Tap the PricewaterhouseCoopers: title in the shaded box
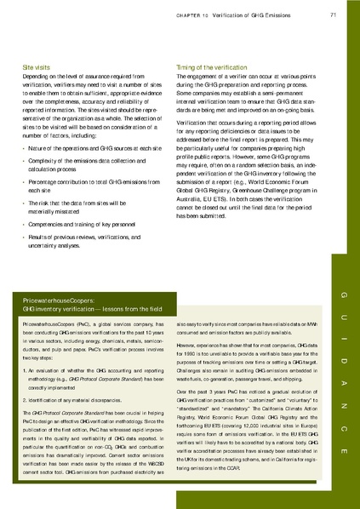(x=60, y=301)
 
